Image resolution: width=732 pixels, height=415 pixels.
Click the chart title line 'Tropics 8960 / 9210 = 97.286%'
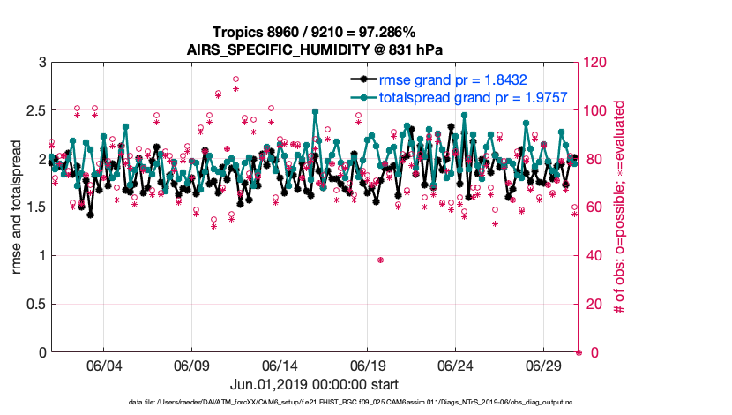click(x=314, y=32)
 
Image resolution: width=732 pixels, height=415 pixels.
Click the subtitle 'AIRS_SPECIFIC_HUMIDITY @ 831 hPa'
click(x=314, y=49)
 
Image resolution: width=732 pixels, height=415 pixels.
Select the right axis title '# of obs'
click(x=620, y=207)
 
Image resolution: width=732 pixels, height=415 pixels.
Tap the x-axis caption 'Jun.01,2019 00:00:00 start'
click(x=314, y=384)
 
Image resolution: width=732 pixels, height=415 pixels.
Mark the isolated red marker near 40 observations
click(x=380, y=260)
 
